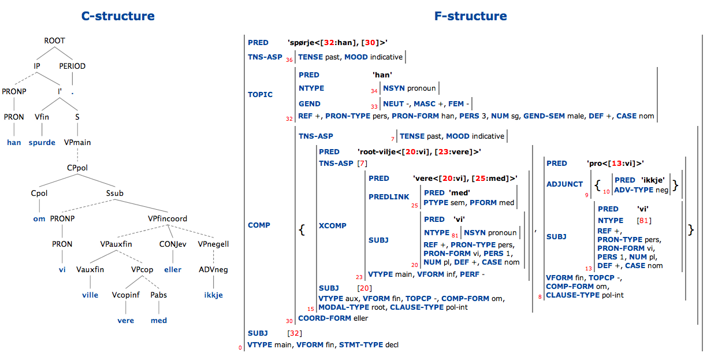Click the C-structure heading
pyautogui.click(x=118, y=16)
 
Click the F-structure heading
pyautogui.click(x=470, y=16)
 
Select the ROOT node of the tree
pyautogui.click(x=55, y=41)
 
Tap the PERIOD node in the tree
pyautogui.click(x=72, y=66)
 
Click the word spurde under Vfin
pyautogui.click(x=42, y=142)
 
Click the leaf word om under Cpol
pyautogui.click(x=39, y=218)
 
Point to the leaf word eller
pyautogui.click(x=172, y=269)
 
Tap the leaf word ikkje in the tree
pyautogui.click(x=213, y=295)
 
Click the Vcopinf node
pyautogui.click(x=125, y=295)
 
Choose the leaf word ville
pyautogui.click(x=90, y=295)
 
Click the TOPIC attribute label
pyautogui.click(x=260, y=95)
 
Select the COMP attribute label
pyautogui.click(x=259, y=225)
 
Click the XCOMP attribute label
pyautogui.click(x=332, y=226)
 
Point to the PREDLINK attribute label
pyautogui.click(x=389, y=197)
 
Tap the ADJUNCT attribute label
pyautogui.click(x=564, y=184)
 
